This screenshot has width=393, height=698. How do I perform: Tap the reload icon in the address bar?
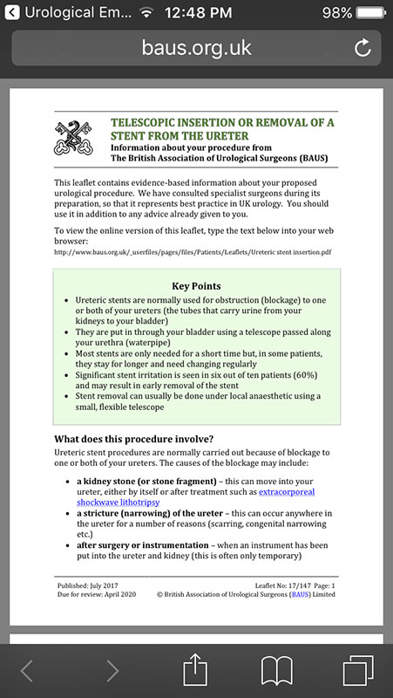click(x=363, y=48)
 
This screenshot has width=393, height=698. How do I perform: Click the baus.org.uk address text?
click(x=197, y=48)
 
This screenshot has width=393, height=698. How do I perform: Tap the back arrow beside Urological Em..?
click(x=12, y=12)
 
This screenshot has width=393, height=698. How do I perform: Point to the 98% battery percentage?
click(x=337, y=12)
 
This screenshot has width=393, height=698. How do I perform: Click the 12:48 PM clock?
click(x=199, y=12)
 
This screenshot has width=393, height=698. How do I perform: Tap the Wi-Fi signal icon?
click(x=146, y=12)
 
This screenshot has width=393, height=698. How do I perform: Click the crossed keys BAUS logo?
click(x=73, y=138)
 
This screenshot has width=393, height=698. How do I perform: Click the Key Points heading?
click(x=197, y=286)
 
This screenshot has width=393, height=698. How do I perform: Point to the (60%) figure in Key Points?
click(x=306, y=375)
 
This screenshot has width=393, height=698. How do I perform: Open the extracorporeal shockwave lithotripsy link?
click(x=195, y=497)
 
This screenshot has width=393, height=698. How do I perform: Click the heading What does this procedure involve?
click(x=134, y=439)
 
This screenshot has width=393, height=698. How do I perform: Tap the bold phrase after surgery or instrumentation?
click(x=143, y=545)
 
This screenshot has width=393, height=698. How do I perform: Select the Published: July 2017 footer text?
click(x=88, y=585)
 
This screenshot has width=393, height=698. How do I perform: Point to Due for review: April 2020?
click(x=97, y=594)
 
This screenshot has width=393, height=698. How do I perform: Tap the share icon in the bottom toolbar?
click(x=195, y=669)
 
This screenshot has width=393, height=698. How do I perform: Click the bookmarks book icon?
click(x=276, y=671)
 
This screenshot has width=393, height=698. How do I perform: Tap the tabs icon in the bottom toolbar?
click(x=358, y=670)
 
